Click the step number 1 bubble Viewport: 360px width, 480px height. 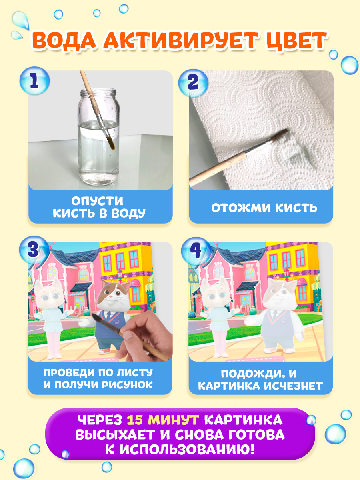(34, 81)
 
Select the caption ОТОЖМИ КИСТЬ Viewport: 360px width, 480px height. (264, 208)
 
